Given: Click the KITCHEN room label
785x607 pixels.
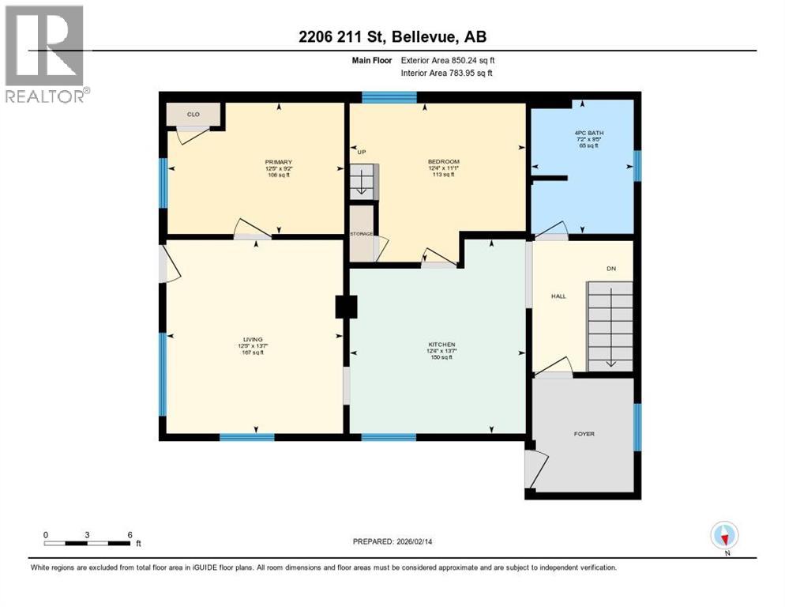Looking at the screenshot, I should [x=441, y=345].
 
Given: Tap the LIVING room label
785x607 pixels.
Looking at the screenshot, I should [x=253, y=339].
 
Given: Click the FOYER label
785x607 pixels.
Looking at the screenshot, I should [x=584, y=434].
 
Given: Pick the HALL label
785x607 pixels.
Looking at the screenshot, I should [x=558, y=296].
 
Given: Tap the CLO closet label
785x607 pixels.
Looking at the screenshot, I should [x=193, y=115].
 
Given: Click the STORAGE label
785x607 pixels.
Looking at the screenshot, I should [x=362, y=234].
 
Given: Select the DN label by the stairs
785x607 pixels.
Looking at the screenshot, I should [x=610, y=269].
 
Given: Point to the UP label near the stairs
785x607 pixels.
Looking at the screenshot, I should [x=362, y=152].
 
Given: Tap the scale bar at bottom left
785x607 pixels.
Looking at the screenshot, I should [x=88, y=543].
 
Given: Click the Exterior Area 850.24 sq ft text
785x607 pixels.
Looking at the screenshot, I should [x=448, y=59].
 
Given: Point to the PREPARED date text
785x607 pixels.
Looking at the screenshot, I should [x=392, y=541].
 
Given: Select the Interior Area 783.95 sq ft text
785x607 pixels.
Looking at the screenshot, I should [x=448, y=74].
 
